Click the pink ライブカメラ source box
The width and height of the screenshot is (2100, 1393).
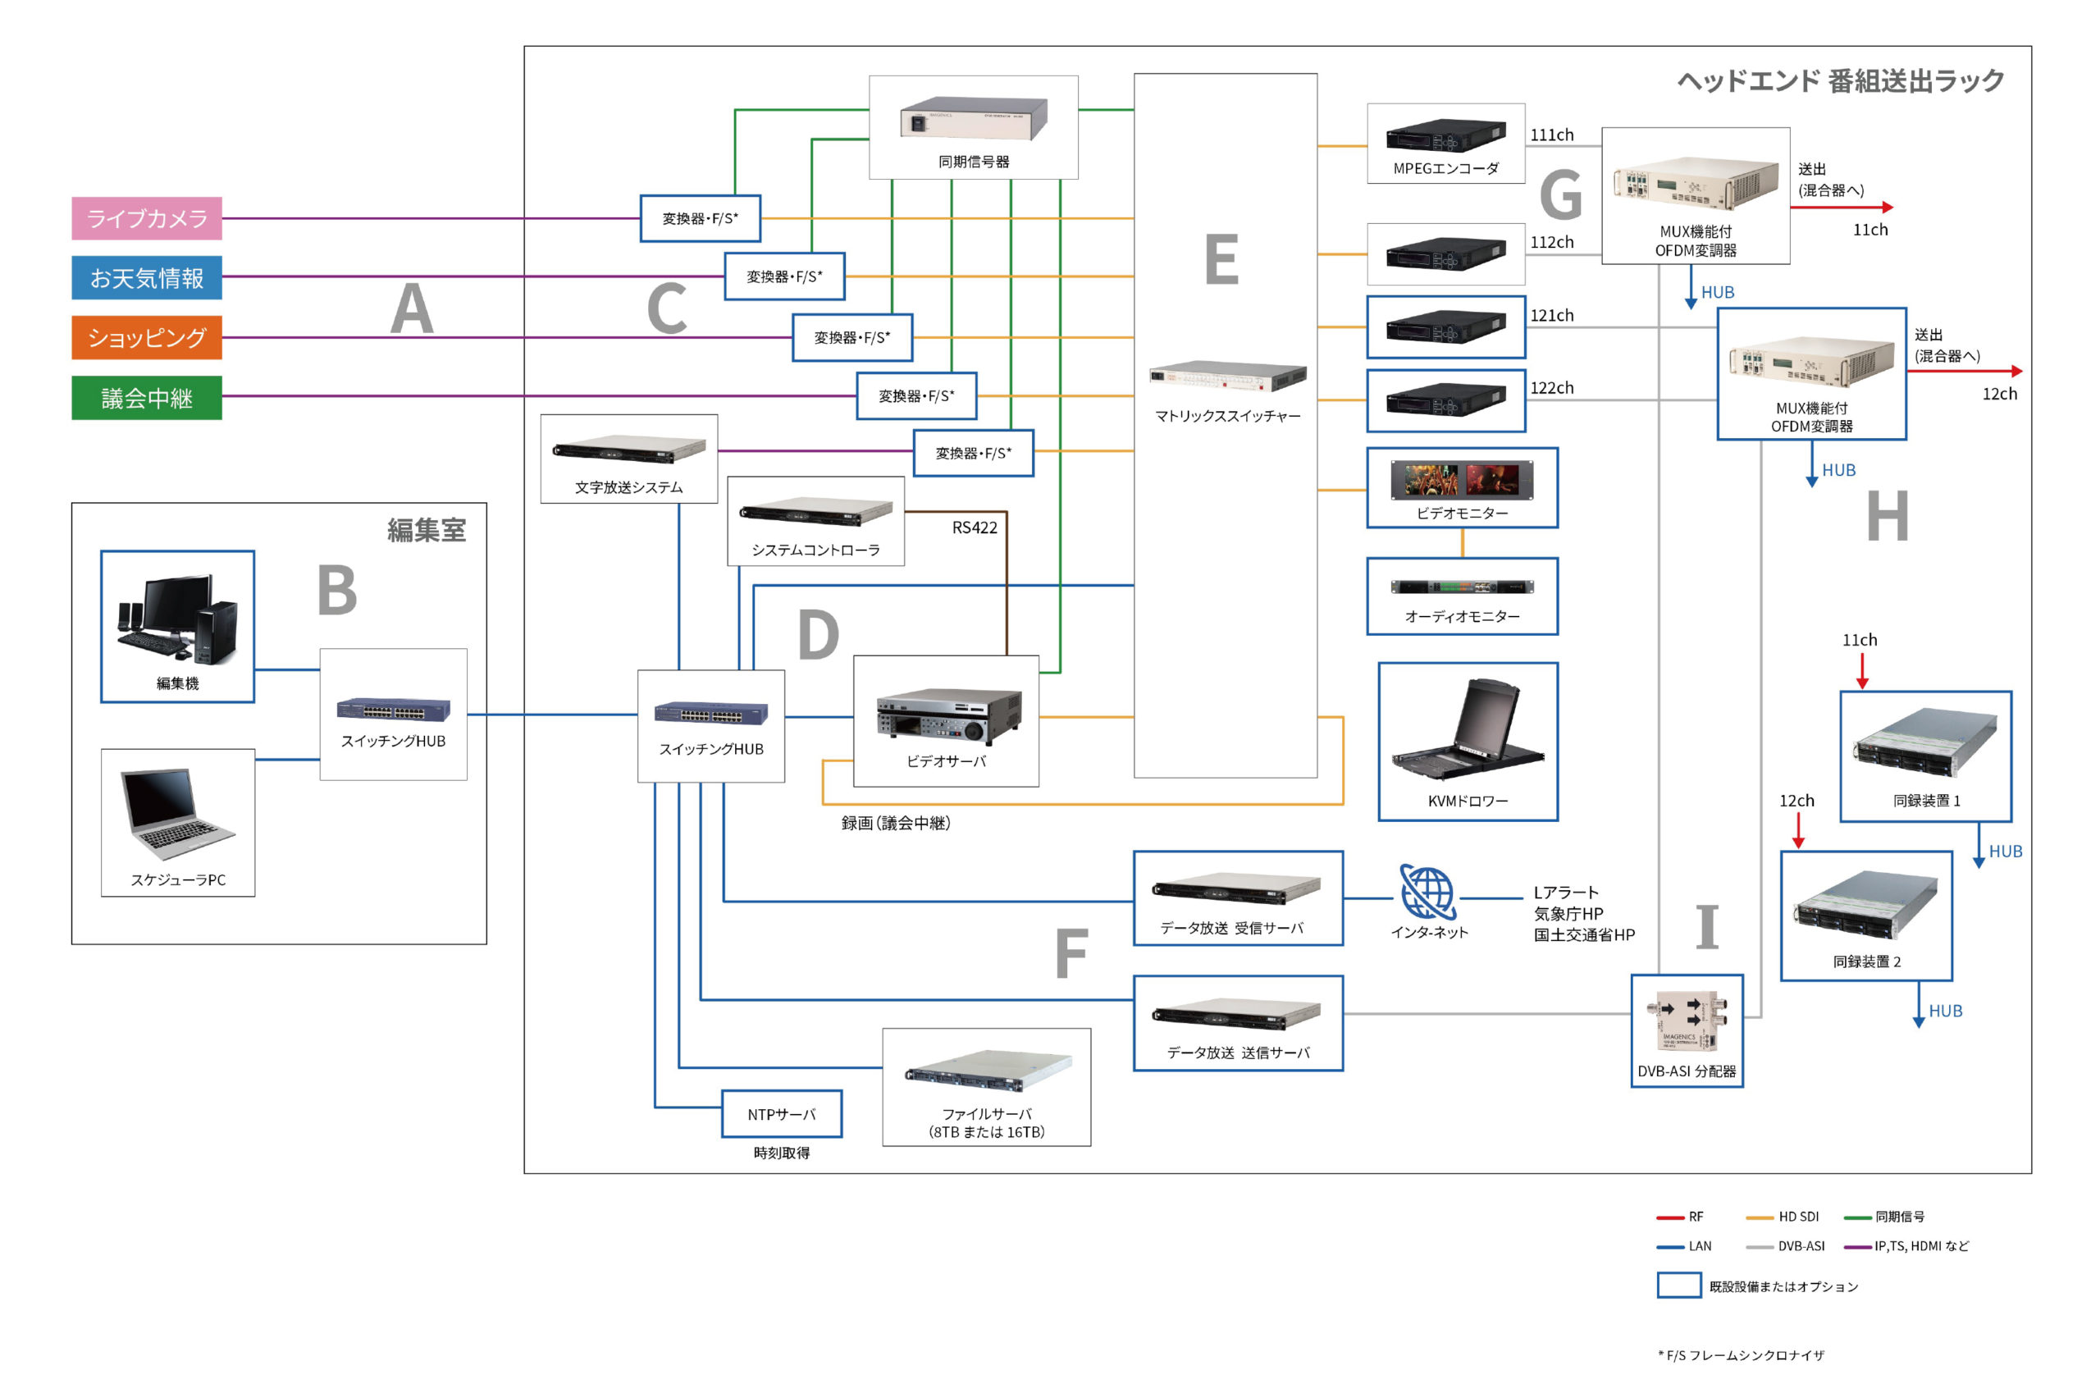147,218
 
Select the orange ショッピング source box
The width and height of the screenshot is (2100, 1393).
147,338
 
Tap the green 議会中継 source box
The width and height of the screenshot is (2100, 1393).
147,398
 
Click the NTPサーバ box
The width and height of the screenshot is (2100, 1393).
781,1114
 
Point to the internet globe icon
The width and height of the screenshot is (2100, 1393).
1427,892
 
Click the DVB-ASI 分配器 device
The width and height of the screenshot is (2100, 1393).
1686,1021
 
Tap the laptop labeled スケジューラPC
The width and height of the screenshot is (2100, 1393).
178,812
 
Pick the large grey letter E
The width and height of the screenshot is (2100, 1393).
1221,259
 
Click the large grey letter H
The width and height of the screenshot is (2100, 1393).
1887,516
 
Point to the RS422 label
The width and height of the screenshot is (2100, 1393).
975,528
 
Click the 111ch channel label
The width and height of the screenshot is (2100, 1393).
1551,135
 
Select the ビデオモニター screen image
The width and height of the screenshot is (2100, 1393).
1461,480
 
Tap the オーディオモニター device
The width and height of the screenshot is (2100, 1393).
1461,587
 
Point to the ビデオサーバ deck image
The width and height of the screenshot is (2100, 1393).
947,715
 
